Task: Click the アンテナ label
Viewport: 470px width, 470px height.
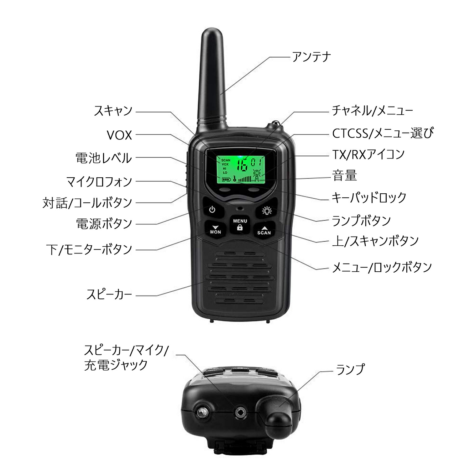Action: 311,57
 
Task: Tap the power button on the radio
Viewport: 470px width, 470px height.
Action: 212,209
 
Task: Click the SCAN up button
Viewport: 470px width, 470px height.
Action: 264,230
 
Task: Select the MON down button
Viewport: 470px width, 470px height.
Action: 215,230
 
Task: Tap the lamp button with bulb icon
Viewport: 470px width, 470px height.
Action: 267,211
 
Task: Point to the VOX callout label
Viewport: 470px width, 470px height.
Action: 119,135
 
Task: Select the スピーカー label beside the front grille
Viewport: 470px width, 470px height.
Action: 109,295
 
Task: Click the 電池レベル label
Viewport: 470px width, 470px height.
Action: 104,158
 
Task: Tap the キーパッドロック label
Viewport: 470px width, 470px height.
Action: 369,198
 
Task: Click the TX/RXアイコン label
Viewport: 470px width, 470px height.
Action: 368,154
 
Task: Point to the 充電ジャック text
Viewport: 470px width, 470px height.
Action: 116,365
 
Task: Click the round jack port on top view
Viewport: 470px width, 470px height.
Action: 240,413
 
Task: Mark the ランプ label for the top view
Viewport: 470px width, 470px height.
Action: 350,369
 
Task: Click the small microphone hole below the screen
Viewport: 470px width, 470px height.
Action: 240,208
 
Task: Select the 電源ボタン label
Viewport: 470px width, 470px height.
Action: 104,224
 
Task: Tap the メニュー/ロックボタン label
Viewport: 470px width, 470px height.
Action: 382,267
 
